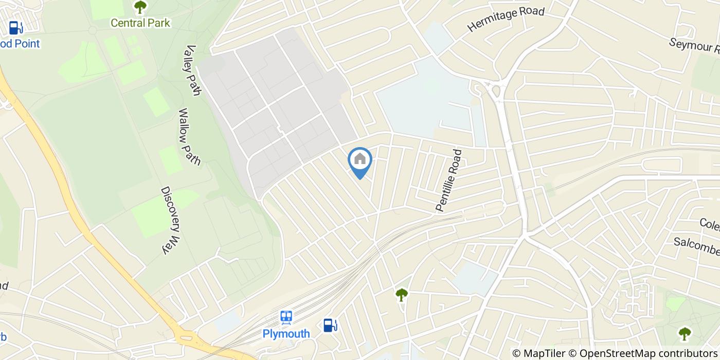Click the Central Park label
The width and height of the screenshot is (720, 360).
(140, 23)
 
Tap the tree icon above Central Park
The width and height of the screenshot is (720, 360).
(140, 7)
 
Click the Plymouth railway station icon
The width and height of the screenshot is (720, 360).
(286, 318)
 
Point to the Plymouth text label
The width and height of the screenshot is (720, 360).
(286, 334)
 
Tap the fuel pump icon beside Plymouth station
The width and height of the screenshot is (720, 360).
(330, 325)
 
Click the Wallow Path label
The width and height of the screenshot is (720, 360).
(189, 136)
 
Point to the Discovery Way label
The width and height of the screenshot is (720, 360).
(172, 220)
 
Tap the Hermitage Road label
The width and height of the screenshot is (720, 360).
(506, 20)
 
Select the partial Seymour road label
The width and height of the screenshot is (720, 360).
(694, 45)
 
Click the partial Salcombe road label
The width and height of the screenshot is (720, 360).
(697, 245)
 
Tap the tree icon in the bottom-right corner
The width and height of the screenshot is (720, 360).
(685, 334)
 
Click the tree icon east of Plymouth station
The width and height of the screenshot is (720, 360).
(401, 295)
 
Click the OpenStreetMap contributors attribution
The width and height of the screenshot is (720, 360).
(649, 353)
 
